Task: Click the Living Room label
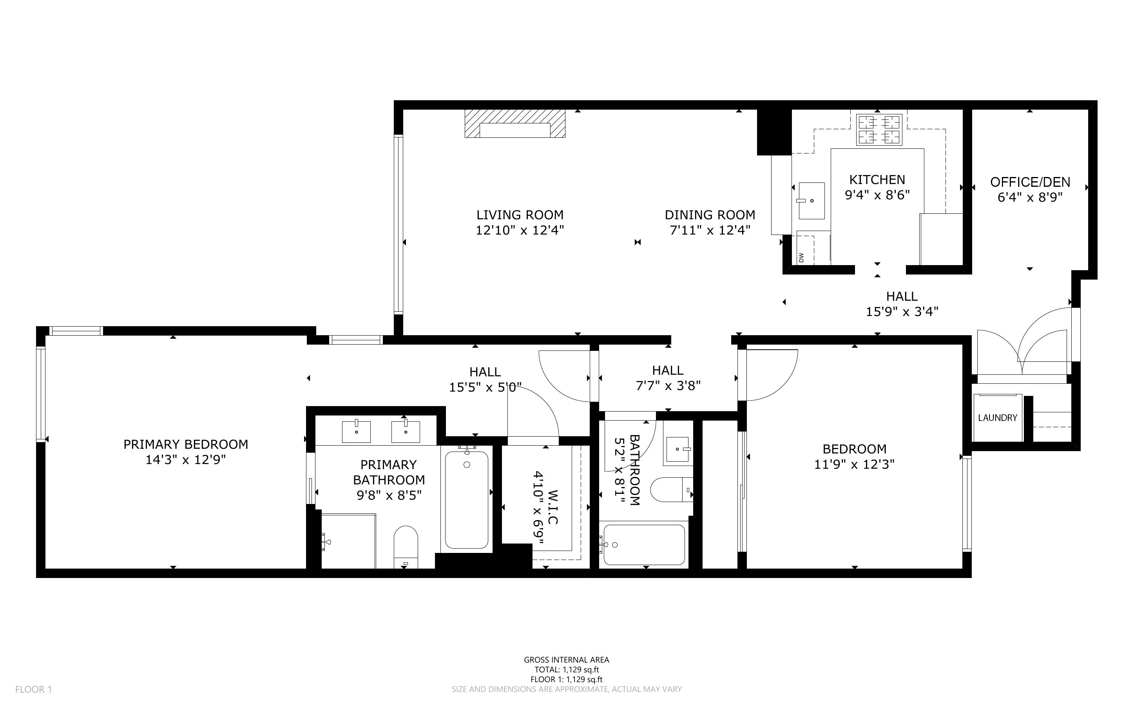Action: tap(520, 215)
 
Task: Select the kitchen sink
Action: tap(811, 201)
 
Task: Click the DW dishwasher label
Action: tap(801, 258)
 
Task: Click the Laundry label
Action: tap(998, 418)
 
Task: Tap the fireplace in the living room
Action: tap(515, 124)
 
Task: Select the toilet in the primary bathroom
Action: tap(406, 546)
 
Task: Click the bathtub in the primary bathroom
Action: tap(467, 500)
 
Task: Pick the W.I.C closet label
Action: tap(553, 507)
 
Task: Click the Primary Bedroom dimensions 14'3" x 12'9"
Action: tap(185, 460)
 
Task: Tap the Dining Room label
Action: tap(710, 215)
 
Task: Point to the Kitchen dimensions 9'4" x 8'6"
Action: tap(877, 195)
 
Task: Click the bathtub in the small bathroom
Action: tap(644, 545)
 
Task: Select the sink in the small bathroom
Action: tap(678, 449)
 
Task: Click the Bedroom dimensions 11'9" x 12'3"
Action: tap(854, 464)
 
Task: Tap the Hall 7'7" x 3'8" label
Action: tap(668, 378)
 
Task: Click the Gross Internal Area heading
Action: tap(566, 660)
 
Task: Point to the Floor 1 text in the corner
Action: tap(33, 689)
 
